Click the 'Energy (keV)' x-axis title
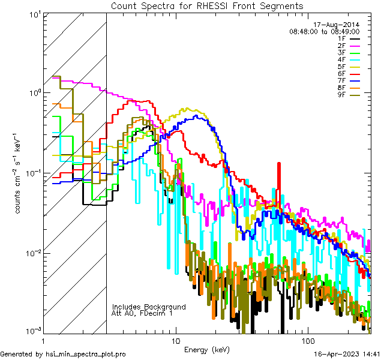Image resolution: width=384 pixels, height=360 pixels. click(x=207, y=350)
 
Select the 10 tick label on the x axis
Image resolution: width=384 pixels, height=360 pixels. click(x=175, y=340)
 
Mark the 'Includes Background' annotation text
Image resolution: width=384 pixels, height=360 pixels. click(x=149, y=307)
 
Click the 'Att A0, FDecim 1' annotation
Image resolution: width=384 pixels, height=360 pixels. click(x=142, y=313)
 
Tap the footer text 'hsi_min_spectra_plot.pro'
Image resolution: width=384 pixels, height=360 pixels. click(x=86, y=354)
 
